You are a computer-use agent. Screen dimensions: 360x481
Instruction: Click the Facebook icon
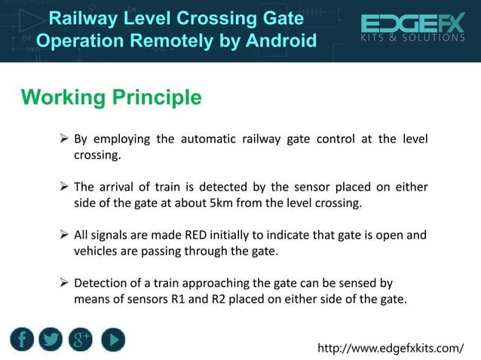point(23,340)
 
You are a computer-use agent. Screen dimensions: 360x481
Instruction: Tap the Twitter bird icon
point(52,340)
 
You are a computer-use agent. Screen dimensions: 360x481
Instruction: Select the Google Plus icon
point(81,340)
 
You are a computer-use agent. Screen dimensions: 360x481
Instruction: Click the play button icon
point(112,340)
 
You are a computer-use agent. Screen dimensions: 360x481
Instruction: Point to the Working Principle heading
point(111,97)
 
